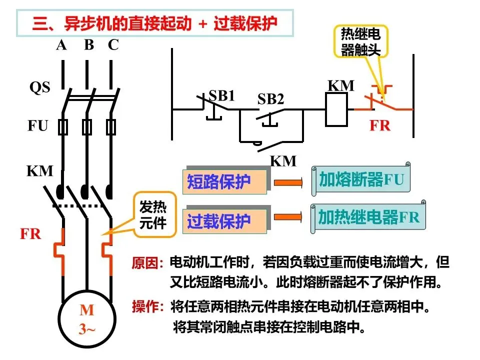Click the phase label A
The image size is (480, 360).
coord(61,45)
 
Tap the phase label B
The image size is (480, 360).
coord(89,45)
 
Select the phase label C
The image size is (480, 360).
coord(113,45)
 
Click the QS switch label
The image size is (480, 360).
coord(40,87)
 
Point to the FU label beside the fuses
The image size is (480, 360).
coord(37,125)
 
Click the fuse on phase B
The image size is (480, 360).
coord(87,127)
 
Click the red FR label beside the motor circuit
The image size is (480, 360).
coord(30,234)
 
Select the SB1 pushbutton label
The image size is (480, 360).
coord(221,95)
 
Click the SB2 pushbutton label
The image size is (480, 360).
coord(270,99)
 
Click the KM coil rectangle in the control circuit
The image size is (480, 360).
coord(336,109)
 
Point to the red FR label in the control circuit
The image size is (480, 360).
coord(380,125)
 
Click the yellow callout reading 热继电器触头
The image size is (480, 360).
coord(360,41)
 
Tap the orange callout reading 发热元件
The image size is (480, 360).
coord(154,214)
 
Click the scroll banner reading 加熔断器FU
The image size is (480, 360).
coord(361,179)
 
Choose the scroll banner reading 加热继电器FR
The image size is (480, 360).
coord(368,216)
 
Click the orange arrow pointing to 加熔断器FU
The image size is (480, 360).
coord(288,183)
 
